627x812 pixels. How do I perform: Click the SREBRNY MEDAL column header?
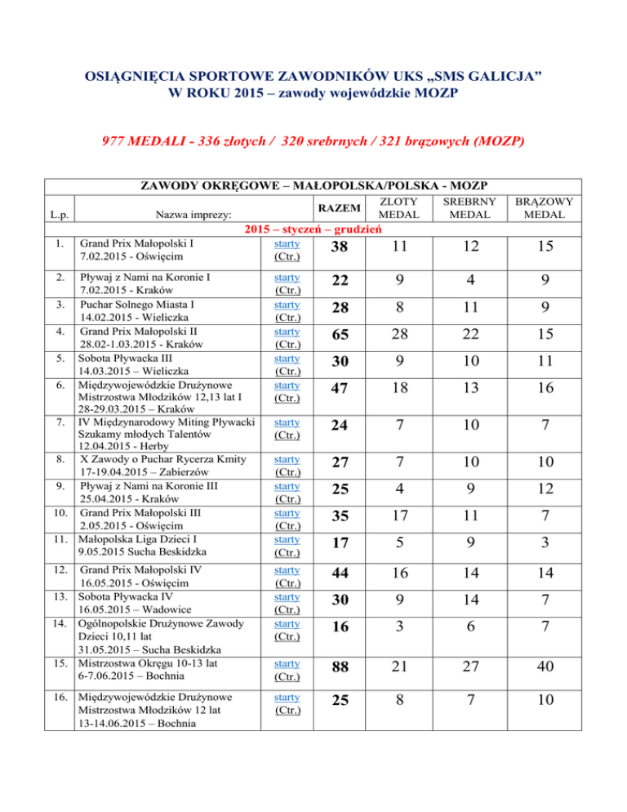474,207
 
